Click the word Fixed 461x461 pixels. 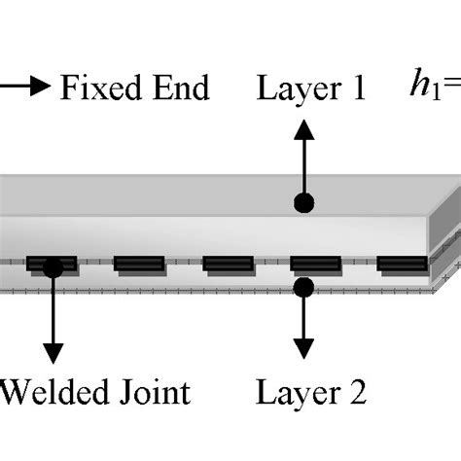[98, 89]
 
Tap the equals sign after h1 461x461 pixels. [450, 89]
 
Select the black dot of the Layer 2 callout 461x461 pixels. [304, 286]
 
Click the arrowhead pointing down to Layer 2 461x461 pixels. [304, 351]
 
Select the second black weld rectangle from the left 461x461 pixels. [139, 264]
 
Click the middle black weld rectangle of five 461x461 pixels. [228, 264]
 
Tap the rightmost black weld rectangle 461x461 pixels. [402, 263]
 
